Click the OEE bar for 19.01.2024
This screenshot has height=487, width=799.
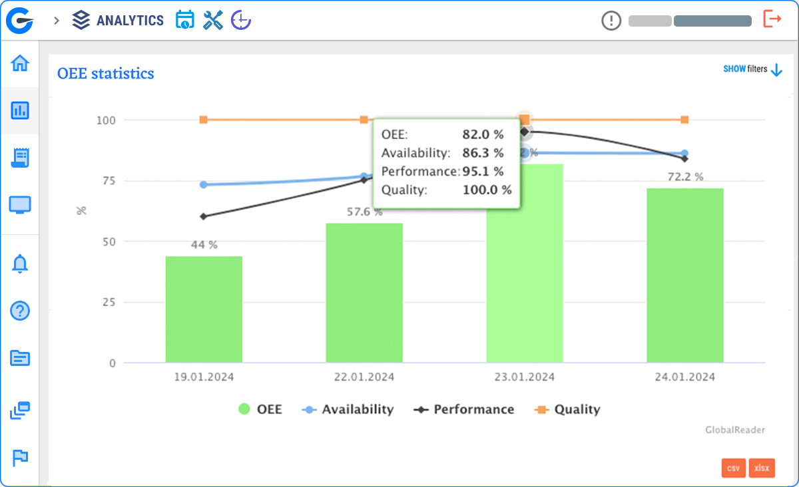click(204, 309)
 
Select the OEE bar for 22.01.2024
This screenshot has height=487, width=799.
click(364, 293)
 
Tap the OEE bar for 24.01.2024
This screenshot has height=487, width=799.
click(684, 275)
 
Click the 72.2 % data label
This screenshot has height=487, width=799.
click(684, 177)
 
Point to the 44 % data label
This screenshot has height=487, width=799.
click(204, 245)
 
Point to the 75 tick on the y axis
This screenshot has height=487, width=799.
click(106, 181)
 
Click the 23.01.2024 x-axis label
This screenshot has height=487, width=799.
click(525, 377)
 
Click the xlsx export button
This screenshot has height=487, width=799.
click(762, 468)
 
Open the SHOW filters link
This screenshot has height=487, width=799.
click(752, 69)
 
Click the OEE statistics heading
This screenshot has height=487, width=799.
click(106, 73)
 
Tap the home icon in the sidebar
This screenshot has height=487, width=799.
click(20, 64)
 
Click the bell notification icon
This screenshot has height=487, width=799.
click(20, 264)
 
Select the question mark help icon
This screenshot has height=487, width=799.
click(20, 311)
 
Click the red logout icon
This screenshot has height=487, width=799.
click(772, 19)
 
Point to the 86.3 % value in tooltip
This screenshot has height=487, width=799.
click(483, 153)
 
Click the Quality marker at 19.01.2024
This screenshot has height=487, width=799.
click(204, 120)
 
